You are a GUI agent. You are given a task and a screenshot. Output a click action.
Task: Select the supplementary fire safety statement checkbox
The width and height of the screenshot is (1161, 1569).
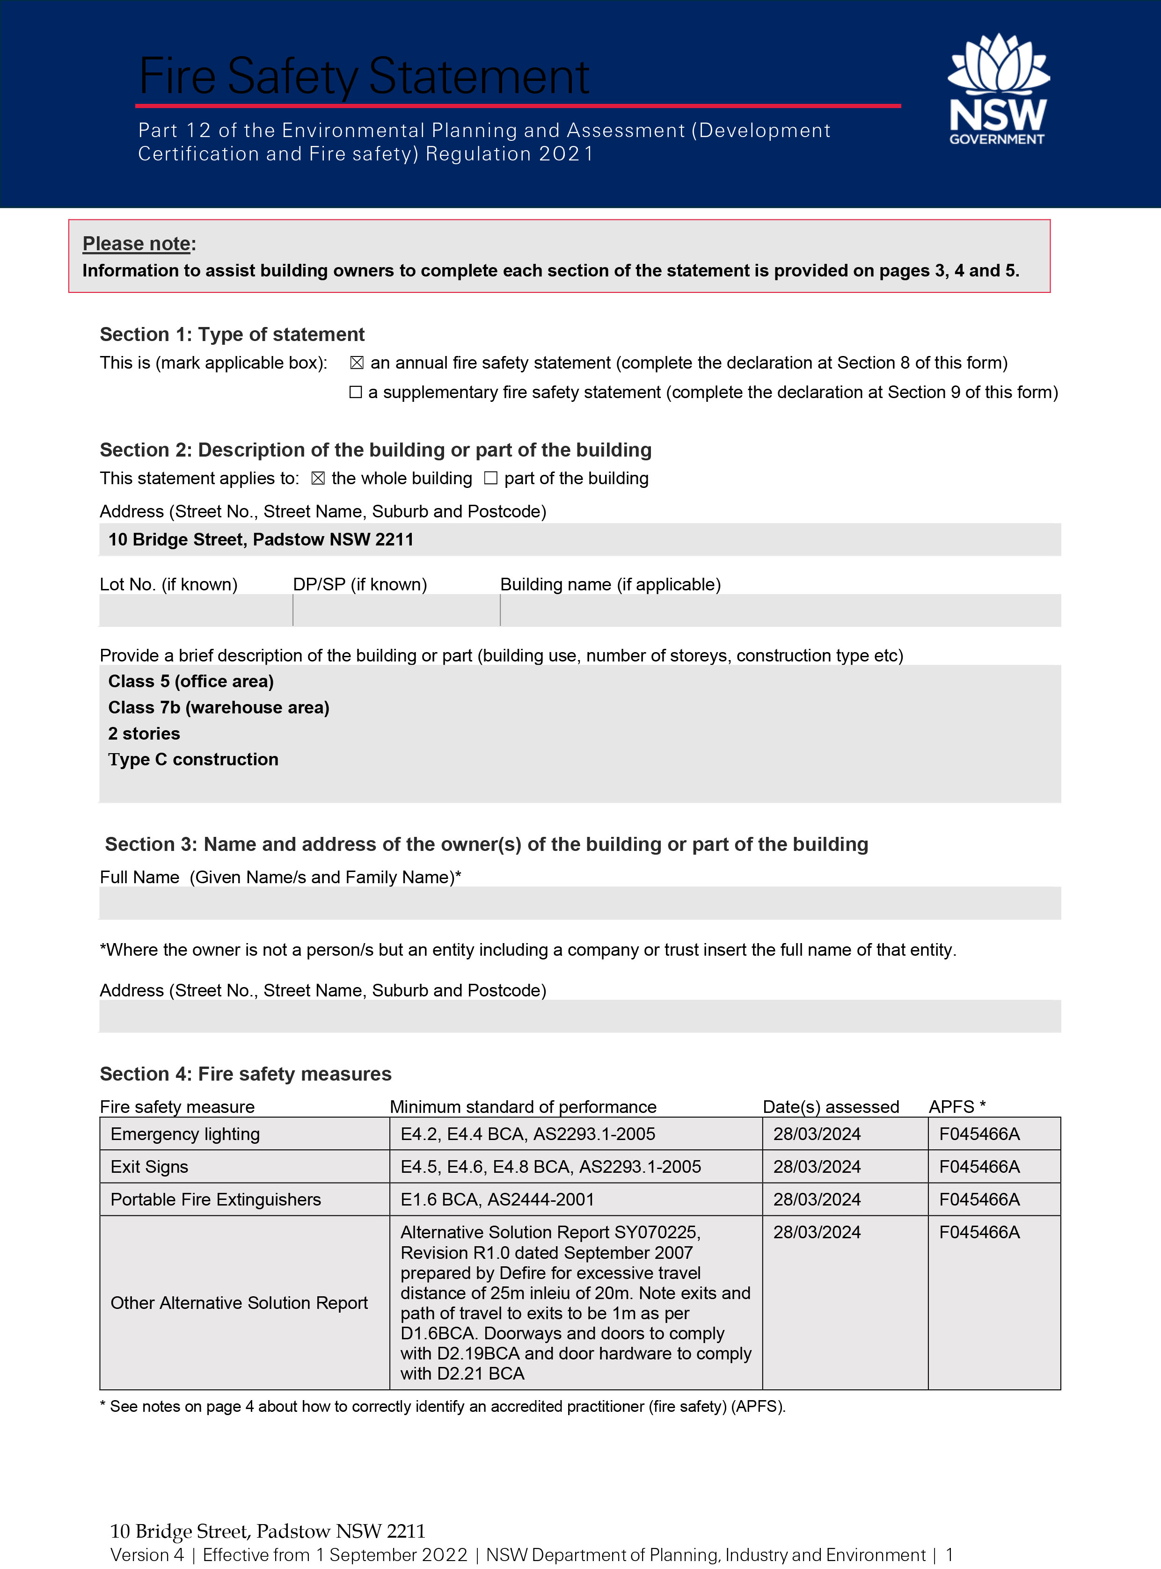[356, 392]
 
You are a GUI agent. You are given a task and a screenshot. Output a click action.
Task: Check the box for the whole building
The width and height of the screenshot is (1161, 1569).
[318, 479]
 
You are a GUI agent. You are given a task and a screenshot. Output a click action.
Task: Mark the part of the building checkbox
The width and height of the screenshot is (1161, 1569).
[490, 479]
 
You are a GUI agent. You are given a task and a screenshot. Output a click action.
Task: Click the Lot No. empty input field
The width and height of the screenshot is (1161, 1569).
[196, 610]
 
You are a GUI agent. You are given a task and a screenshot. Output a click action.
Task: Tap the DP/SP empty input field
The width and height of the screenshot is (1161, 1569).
[396, 610]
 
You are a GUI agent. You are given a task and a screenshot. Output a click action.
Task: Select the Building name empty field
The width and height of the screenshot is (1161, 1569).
[780, 610]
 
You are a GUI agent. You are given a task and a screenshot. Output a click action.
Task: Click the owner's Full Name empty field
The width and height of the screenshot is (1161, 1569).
[580, 903]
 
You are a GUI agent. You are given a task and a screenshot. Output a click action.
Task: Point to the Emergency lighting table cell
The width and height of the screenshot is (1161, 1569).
[185, 1134]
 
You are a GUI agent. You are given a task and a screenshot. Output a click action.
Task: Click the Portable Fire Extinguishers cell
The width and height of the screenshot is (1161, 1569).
[216, 1199]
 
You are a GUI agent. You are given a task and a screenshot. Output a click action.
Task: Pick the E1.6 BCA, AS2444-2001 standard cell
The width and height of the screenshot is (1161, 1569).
[497, 1199]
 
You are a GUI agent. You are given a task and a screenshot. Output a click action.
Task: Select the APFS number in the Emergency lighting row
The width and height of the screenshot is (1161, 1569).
[979, 1134]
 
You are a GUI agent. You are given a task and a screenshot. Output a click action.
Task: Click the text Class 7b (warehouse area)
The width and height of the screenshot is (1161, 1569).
[219, 708]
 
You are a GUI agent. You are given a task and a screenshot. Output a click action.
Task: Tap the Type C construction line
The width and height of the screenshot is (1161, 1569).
[193, 760]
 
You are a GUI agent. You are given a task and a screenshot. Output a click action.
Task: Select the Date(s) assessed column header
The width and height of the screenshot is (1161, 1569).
[831, 1107]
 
